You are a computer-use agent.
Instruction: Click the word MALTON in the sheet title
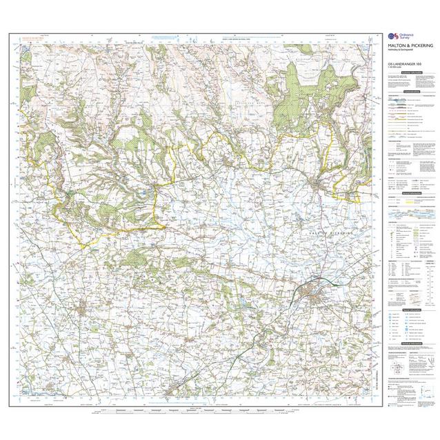tap(397, 48)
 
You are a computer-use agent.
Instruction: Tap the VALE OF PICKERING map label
tap(331, 237)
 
